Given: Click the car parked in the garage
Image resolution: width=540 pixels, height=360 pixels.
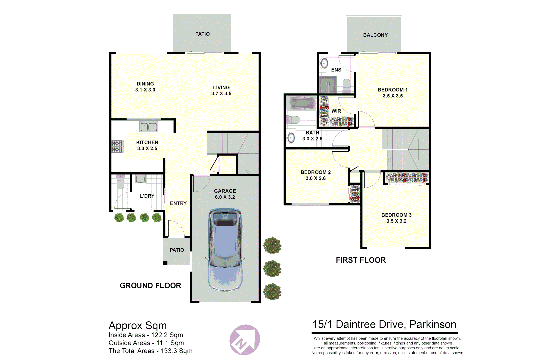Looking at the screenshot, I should coord(225,250).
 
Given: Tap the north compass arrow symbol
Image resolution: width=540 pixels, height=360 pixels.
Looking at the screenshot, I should coord(245,340).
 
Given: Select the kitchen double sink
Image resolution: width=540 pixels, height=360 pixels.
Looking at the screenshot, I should coord(149,127).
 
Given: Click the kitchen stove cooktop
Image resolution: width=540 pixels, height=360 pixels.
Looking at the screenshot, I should coord(117,146).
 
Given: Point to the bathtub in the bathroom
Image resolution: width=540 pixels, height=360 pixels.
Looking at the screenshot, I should coord(303,103).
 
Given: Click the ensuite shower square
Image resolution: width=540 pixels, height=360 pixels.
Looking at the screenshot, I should coord(328,84).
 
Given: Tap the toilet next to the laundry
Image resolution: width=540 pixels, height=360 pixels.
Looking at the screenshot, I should coord(120,182).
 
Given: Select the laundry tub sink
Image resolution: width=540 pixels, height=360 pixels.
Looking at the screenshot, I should coord(140,179).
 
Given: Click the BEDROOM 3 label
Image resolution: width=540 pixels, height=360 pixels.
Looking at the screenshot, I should coord(396,215).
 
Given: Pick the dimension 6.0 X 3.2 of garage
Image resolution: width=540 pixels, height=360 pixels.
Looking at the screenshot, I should coord(225,197).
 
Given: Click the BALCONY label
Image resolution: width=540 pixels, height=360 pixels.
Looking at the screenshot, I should coord(375,35).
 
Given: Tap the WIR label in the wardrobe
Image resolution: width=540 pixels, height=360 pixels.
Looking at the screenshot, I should coord(336,111).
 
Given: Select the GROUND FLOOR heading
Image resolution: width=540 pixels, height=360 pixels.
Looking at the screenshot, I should coord(150,286).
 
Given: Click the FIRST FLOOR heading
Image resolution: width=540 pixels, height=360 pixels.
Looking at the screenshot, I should coord(361,260).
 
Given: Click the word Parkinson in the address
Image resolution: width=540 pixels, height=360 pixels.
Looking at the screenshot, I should coord(433,324).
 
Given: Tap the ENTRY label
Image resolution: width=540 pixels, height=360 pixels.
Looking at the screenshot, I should coord(178,203).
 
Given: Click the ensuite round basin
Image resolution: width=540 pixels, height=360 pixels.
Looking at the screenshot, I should coord(324,63).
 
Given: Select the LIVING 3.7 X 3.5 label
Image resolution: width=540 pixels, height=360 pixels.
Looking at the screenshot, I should coord(221,90).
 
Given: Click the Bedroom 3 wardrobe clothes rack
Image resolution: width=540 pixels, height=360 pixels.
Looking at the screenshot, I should coord(407,178).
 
